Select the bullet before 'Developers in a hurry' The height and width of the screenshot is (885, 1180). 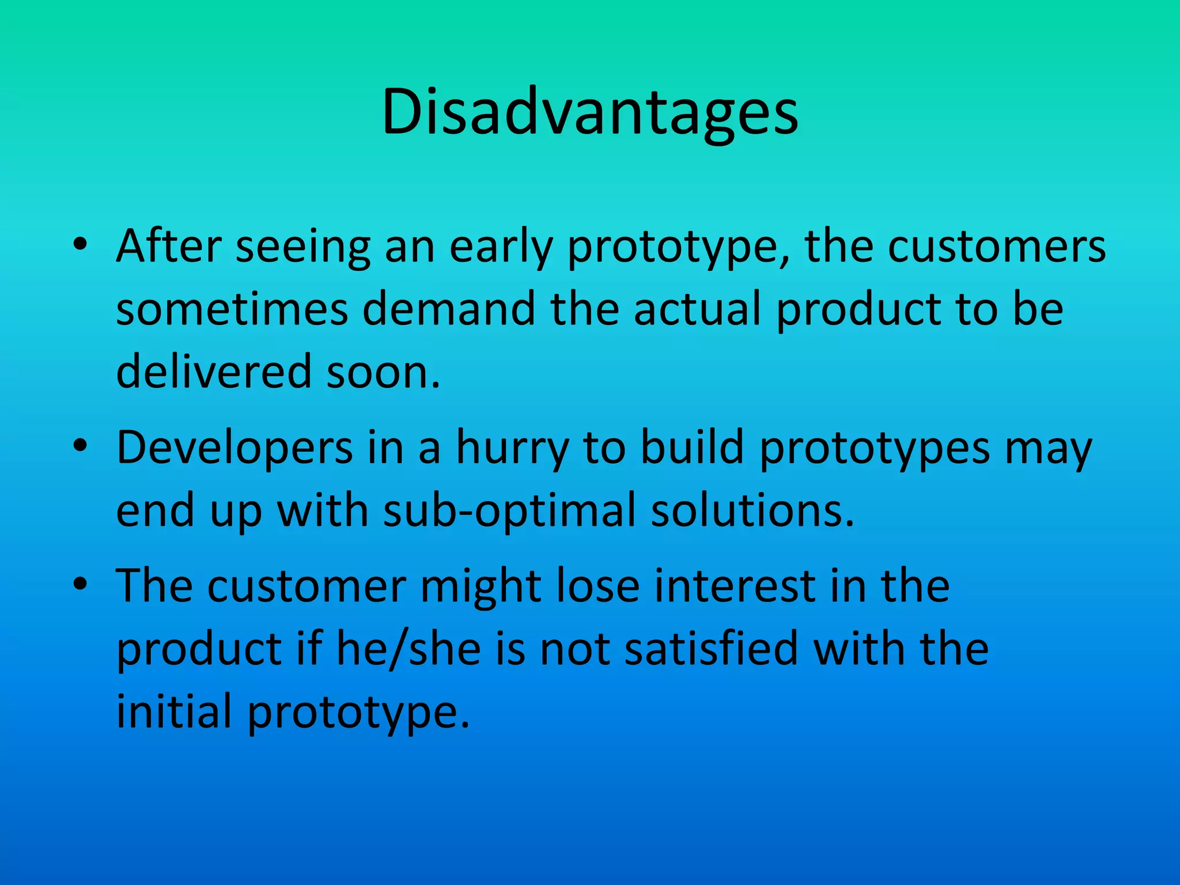[80, 448]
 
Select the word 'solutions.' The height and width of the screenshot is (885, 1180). [752, 511]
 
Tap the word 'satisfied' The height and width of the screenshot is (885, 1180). [712, 649]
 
